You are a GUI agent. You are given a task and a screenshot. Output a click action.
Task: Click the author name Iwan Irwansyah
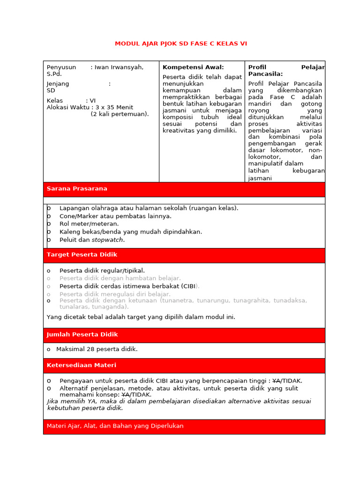(x=119, y=67)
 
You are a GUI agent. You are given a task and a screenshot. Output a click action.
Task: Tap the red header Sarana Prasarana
(x=77, y=189)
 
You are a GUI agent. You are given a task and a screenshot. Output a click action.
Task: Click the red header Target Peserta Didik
(x=82, y=255)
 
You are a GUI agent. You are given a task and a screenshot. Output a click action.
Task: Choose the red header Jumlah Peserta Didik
(x=82, y=335)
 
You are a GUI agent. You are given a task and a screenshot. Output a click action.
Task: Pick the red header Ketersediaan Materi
(x=82, y=365)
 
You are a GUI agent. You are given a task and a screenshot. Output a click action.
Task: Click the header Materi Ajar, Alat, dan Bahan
(x=115, y=426)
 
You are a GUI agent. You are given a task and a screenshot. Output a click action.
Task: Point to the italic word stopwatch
(x=108, y=240)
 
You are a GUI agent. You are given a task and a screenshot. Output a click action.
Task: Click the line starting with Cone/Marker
(x=115, y=216)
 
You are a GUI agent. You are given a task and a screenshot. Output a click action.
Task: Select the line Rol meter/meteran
(x=89, y=224)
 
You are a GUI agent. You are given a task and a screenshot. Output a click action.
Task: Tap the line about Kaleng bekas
(x=131, y=232)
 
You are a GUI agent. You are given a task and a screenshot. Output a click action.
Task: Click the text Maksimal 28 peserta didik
(x=97, y=349)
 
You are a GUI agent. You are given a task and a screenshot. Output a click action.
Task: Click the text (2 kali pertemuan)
(x=120, y=114)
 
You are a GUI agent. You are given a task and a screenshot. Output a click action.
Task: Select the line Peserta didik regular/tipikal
(x=102, y=270)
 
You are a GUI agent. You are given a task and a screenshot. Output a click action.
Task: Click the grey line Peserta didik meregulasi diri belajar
(x=115, y=294)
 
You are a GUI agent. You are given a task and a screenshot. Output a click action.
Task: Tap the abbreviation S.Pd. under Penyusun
(x=54, y=74)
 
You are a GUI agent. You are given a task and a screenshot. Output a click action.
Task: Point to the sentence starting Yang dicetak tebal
(x=141, y=317)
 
